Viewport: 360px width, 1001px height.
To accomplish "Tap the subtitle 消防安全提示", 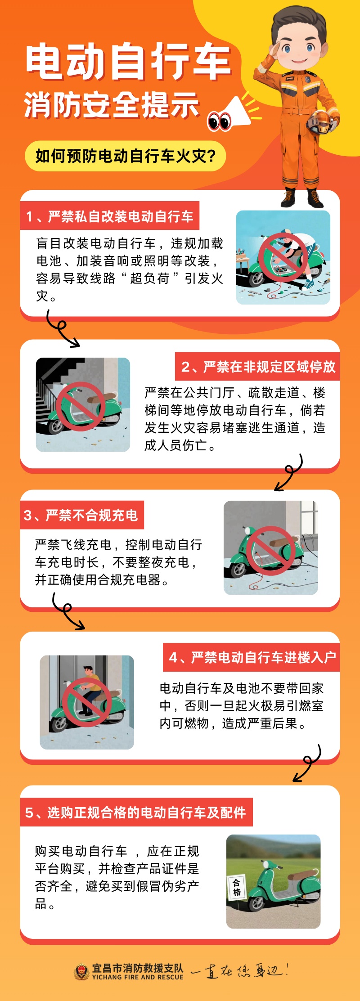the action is point(112,104).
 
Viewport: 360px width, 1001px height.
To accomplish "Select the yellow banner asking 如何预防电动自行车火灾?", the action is point(126,156).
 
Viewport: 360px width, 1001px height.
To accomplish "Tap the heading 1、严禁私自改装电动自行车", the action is point(110,216).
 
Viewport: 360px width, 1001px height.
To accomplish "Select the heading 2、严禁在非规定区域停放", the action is point(258,367).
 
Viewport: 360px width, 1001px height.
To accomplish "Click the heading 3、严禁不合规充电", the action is point(82,515).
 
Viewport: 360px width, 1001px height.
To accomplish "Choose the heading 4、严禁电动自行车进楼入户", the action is point(252,657).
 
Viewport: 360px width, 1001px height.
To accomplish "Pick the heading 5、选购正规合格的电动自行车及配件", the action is point(136,812).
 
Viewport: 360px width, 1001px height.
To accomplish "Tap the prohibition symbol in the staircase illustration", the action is point(81,406).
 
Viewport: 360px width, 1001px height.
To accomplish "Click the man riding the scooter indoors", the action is point(90,691).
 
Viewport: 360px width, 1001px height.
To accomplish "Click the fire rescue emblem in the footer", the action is point(82,971).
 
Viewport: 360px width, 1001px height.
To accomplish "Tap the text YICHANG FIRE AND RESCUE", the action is point(138,977).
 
